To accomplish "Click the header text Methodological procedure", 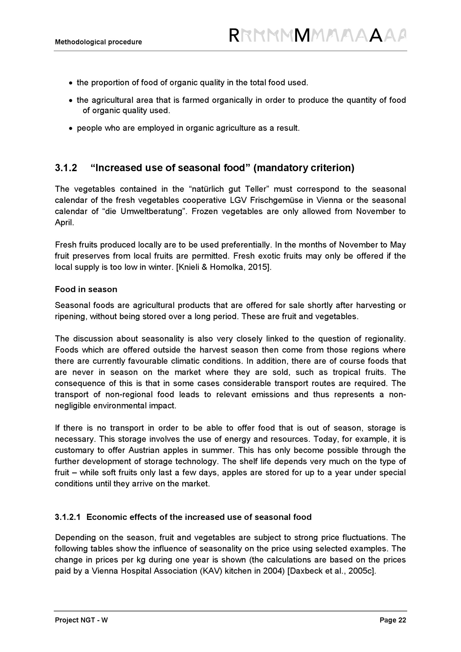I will tap(98, 42).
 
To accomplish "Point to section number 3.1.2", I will tap(66, 168).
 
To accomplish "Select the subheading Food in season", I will tap(86, 289).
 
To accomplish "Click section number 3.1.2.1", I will tap(68, 517).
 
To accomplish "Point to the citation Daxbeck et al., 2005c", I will tap(331, 571).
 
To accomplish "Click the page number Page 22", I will tap(393, 620).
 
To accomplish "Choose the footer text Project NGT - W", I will tap(81, 620).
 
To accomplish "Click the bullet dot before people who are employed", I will tap(71, 129).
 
